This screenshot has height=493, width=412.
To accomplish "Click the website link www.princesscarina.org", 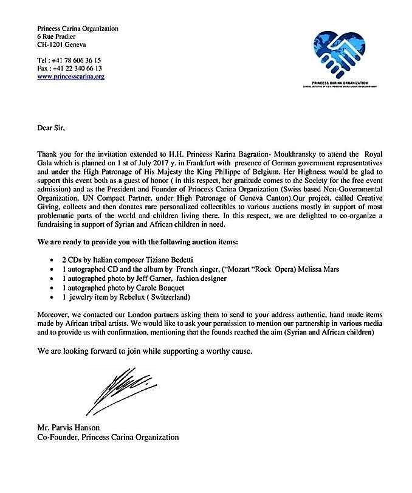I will (x=70, y=77).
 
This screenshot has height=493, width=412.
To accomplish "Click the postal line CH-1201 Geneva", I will (x=61, y=45).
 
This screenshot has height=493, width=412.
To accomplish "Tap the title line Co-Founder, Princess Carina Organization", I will (x=108, y=437).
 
